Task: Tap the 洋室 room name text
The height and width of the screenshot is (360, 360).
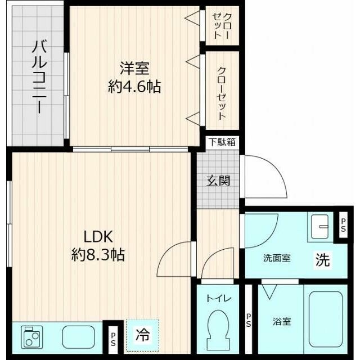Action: (x=134, y=69)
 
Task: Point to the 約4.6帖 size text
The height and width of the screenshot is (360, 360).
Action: (x=134, y=87)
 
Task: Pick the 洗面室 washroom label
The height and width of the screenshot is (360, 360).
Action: (x=277, y=259)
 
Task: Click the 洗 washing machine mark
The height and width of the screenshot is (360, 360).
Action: (x=322, y=260)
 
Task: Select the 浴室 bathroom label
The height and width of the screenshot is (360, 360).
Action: (x=282, y=322)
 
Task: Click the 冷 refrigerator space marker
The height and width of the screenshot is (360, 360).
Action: (x=142, y=336)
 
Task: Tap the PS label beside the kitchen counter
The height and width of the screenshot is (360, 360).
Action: (x=113, y=339)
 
